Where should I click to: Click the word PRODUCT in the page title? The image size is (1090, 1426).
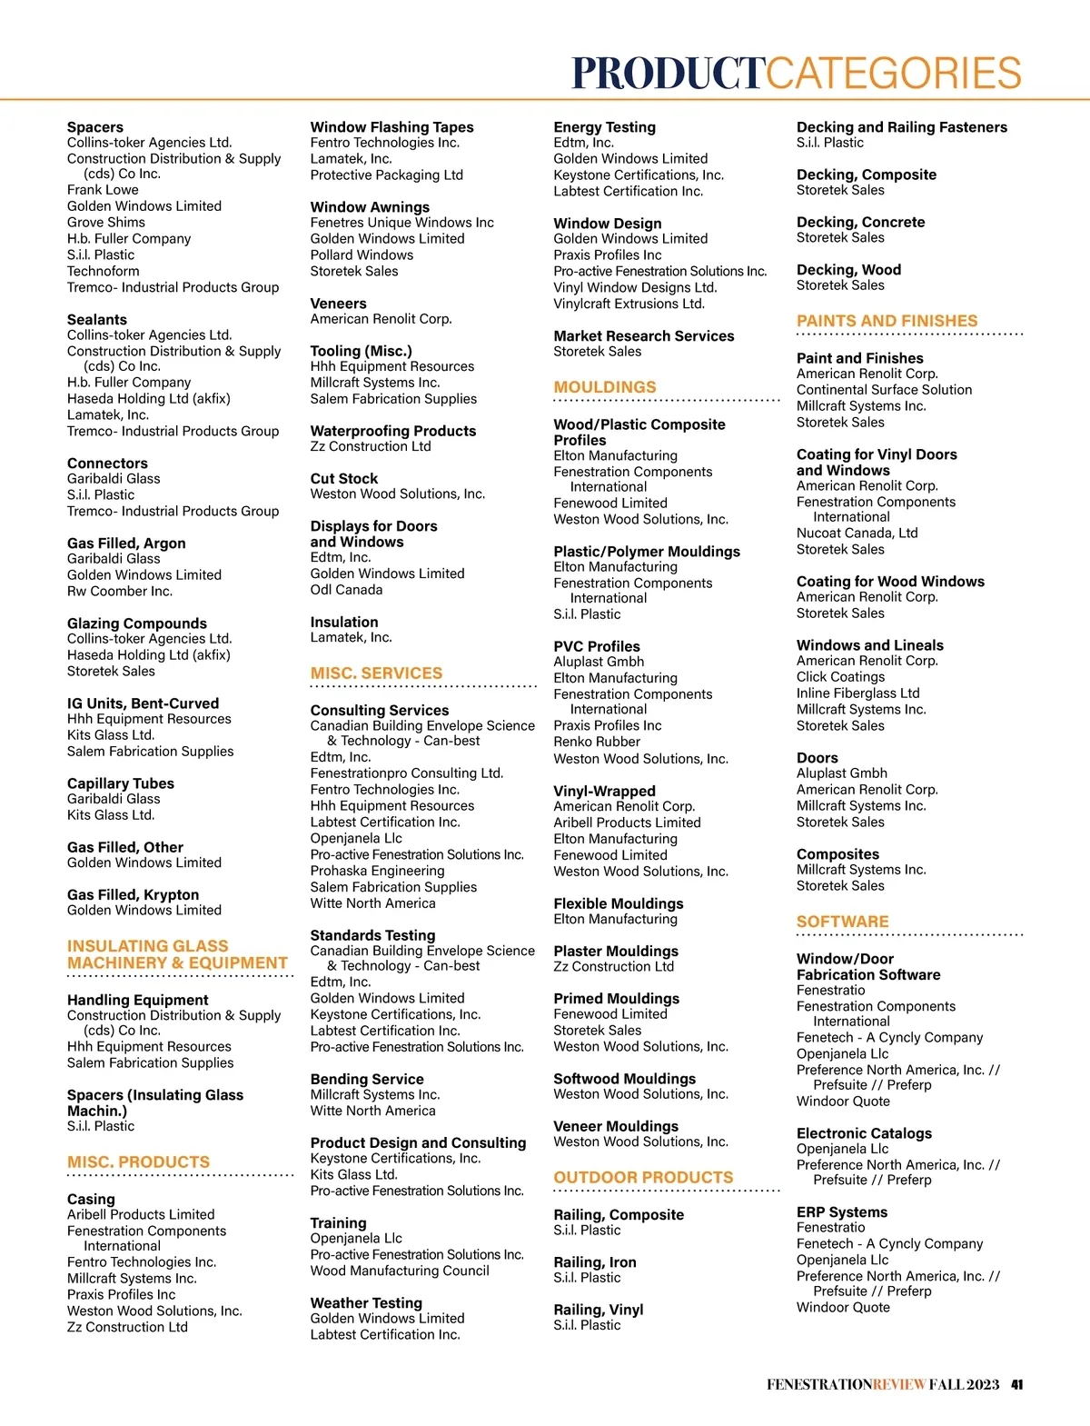(669, 74)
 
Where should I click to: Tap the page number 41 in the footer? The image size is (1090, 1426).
(1017, 1384)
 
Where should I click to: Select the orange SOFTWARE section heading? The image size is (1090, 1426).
(842, 922)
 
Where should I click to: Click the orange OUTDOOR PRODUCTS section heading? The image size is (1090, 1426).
(643, 1178)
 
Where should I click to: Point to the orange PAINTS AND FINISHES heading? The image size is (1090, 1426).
(887, 321)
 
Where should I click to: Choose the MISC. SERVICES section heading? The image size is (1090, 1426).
(376, 673)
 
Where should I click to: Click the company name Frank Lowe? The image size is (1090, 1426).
(103, 190)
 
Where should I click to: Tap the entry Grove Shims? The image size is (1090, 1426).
(105, 223)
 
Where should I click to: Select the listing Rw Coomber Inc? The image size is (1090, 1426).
(119, 592)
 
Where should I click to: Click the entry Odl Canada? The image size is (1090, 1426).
(346, 590)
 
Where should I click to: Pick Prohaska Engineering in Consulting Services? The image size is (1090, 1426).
(377, 871)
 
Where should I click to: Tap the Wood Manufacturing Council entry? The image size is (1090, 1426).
(400, 1271)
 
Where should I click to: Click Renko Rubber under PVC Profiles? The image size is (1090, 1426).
(596, 742)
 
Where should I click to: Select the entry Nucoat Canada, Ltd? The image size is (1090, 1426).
(857, 534)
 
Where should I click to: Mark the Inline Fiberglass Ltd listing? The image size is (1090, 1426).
(857, 693)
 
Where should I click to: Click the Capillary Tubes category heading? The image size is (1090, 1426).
(120, 783)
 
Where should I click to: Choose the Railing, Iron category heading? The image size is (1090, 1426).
(594, 1262)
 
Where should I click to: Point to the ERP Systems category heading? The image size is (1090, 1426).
(841, 1212)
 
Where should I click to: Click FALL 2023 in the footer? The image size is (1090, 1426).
(964, 1384)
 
